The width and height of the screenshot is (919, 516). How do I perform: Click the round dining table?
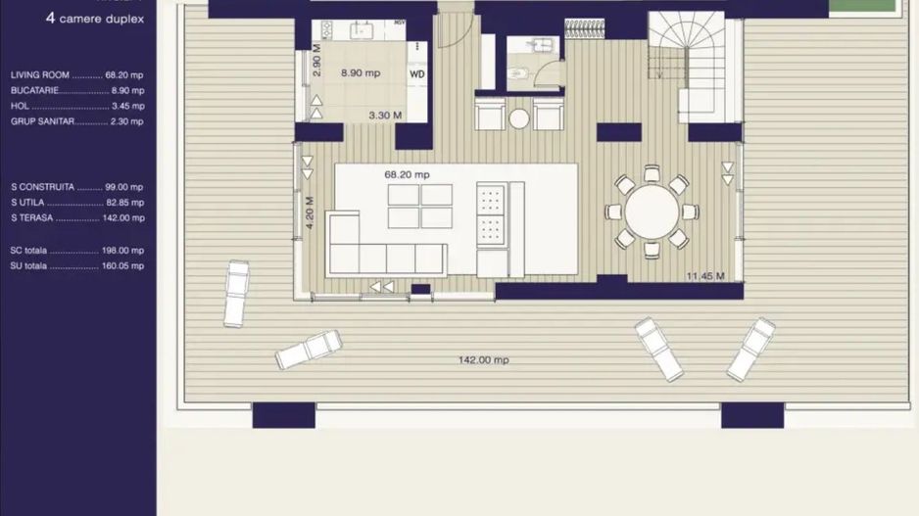click(652, 211)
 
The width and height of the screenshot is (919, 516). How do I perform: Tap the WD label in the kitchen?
click(417, 73)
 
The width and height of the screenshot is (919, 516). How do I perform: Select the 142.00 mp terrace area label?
click(483, 360)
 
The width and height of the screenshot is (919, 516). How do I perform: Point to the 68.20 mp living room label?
click(407, 174)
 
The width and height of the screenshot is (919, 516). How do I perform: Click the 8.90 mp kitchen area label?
click(361, 72)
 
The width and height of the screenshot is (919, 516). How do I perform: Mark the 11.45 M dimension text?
click(705, 276)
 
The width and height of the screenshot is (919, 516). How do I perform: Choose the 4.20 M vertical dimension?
click(310, 212)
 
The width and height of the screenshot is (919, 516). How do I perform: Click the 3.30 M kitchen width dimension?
click(385, 116)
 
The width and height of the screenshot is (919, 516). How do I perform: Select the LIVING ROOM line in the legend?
click(76, 74)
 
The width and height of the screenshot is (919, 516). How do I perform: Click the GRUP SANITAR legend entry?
click(76, 121)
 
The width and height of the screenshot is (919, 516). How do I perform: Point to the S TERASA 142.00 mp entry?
click(76, 218)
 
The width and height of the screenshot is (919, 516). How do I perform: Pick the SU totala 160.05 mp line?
click(76, 265)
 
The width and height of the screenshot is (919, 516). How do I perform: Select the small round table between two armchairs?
click(519, 118)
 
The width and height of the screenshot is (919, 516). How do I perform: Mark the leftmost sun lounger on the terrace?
click(236, 293)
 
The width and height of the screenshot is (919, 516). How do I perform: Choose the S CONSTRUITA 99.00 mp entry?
click(76, 186)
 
